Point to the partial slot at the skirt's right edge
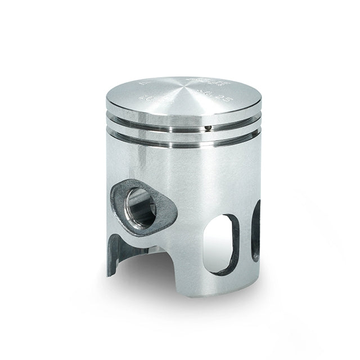[256, 231]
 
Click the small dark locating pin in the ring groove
[209, 128]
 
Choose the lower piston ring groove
[183, 141]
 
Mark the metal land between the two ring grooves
[183, 134]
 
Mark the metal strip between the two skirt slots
[246, 236]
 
